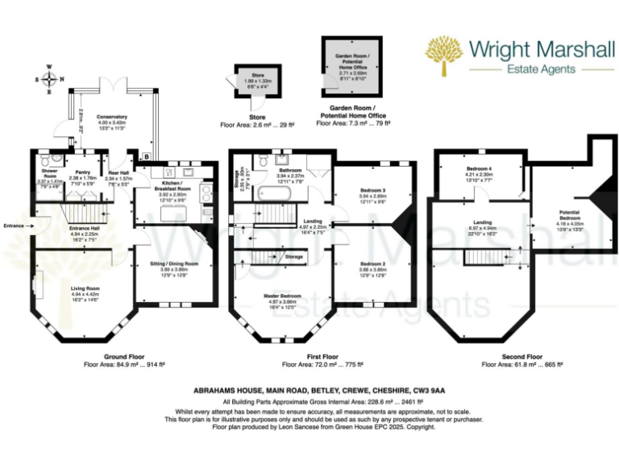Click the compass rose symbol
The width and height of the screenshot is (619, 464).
coord(51,79)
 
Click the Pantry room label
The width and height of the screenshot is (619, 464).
coord(81,172)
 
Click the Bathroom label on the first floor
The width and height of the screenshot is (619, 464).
coord(289,171)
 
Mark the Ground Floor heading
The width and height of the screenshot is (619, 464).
coord(125,356)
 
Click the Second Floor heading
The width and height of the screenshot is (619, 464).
coord(522,356)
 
